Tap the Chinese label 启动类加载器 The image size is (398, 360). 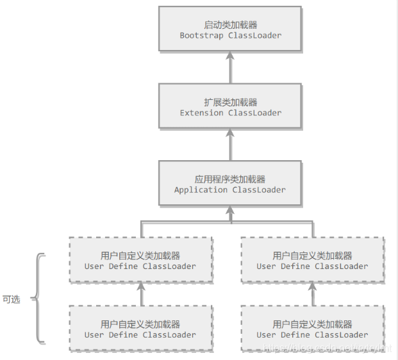[230, 25]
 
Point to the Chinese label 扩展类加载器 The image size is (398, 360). [230, 102]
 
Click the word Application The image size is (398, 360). [201, 190]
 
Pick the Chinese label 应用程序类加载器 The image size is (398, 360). [230, 179]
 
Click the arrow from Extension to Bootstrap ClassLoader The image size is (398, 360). [230, 67]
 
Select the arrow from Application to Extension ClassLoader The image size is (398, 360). [230, 144]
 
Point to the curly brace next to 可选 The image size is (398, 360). [38, 299]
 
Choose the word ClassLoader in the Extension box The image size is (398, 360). [254, 113]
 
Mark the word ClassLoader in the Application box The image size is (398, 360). [259, 190]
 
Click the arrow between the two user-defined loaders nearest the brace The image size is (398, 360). [142, 295]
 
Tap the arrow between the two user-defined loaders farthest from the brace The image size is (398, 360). [313, 295]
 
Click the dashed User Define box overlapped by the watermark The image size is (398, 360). [313, 329]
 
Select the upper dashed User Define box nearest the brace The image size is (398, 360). [140, 260]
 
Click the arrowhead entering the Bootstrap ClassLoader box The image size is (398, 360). [230, 56]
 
